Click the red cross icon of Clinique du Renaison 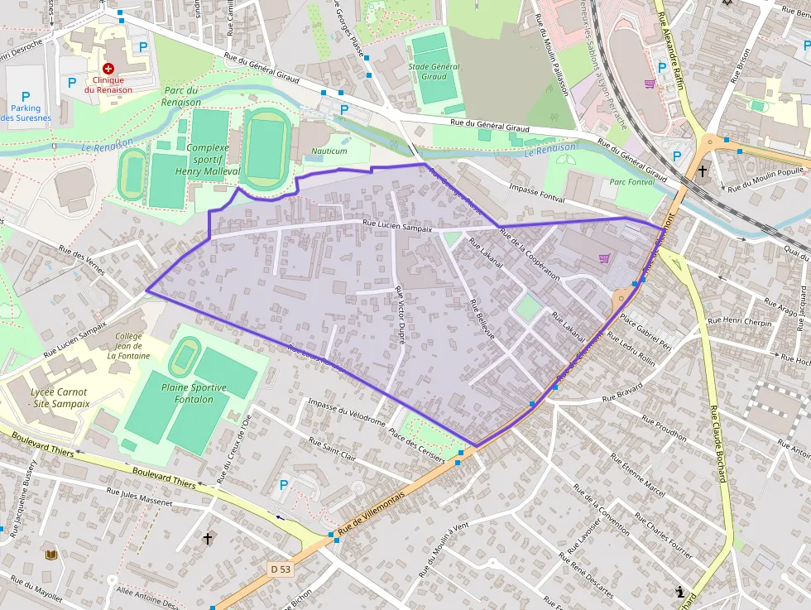pyautogui.click(x=108, y=68)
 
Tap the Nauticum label pyautogui.click(x=329, y=151)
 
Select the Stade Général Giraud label pyautogui.click(x=433, y=71)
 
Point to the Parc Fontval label pyautogui.click(x=631, y=182)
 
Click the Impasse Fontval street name pyautogui.click(x=537, y=194)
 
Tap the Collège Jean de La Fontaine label pyautogui.click(x=128, y=346)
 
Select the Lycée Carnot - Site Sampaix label pyautogui.click(x=48, y=397)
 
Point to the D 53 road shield pyautogui.click(x=281, y=569)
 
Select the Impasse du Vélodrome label pyautogui.click(x=346, y=412)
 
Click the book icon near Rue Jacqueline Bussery pyautogui.click(x=51, y=555)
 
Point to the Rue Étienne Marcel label pyautogui.click(x=637, y=475)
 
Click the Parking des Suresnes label pyautogui.click(x=25, y=113)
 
